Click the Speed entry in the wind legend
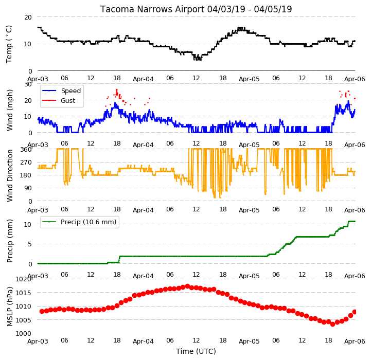(70, 91)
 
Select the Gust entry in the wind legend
(68, 100)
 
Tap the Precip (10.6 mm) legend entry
(89, 222)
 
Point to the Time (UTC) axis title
(196, 351)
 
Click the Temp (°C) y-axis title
(9, 44)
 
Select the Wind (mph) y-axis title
(9, 110)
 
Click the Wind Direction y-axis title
(9, 175)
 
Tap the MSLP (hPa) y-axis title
(9, 307)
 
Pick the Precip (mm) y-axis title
(9, 241)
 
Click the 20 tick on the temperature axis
(28, 17)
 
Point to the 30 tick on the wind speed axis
(28, 84)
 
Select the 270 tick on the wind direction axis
(26, 163)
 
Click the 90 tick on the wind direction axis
(28, 188)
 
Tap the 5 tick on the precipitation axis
(30, 244)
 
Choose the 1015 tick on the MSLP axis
(24, 293)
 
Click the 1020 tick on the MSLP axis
(24, 279)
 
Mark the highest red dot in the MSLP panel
(187, 286)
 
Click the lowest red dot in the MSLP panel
(333, 324)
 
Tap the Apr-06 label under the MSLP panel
(355, 341)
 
